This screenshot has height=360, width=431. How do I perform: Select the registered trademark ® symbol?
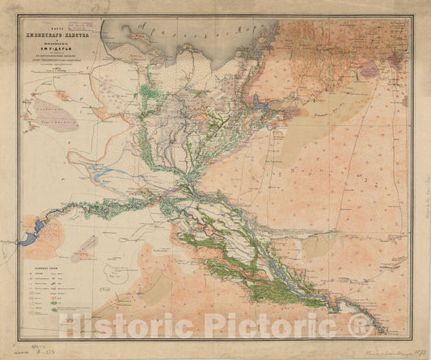[362, 325]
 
